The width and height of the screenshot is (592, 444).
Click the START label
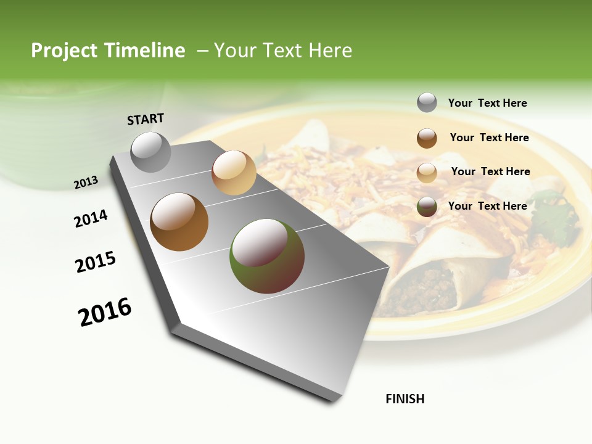[x=146, y=119]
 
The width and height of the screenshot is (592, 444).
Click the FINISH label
[x=405, y=399]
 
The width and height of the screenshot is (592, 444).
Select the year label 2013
[x=86, y=182]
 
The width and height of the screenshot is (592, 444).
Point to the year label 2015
[x=96, y=262]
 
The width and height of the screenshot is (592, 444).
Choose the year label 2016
[x=105, y=311]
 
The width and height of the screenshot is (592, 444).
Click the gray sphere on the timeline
[x=151, y=152]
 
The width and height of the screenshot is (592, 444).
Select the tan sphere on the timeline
[x=234, y=173]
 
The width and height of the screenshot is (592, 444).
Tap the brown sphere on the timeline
[x=179, y=222]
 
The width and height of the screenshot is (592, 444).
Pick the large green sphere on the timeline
[x=267, y=255]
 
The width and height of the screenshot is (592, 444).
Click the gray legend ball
[x=427, y=102]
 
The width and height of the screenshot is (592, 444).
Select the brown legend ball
[x=427, y=138]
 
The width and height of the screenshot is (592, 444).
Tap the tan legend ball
[x=427, y=173]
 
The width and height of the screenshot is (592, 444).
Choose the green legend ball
[x=427, y=207]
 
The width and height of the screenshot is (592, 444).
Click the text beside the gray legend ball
[x=487, y=103]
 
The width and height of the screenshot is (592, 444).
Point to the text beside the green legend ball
[x=487, y=206]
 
